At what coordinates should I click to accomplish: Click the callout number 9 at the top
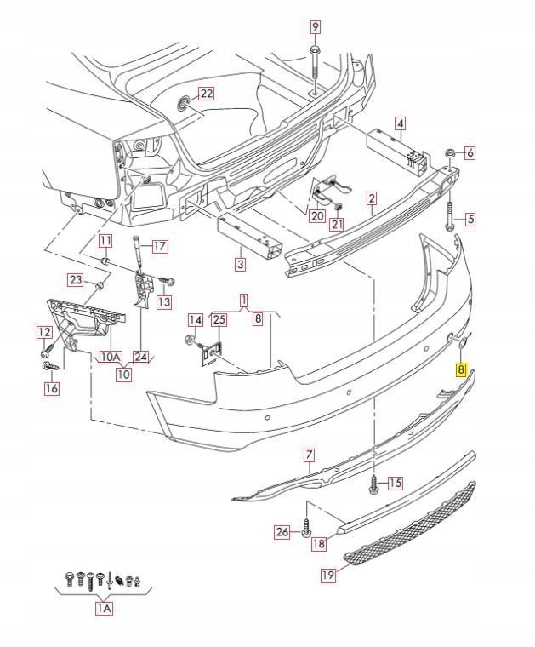point(315,27)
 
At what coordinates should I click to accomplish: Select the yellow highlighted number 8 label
point(460,370)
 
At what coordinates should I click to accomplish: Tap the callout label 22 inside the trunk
point(206,94)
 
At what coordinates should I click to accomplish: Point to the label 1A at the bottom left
point(104,609)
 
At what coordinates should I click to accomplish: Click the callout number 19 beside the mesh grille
point(328,575)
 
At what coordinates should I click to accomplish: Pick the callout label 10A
point(111,358)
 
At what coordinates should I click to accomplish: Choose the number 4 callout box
point(400,124)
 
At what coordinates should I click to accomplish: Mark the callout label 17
point(159,247)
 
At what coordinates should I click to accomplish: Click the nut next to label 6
point(449,153)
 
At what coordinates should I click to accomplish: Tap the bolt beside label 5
point(448,218)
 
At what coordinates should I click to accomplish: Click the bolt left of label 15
point(373,484)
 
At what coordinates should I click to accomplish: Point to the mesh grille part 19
point(408,524)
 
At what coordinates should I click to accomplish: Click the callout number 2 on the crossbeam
point(371,198)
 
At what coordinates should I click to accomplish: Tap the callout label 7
point(309,455)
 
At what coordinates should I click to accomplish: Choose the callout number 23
point(76,280)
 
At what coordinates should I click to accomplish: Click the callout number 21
point(337,225)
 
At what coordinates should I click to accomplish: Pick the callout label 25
point(219,320)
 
